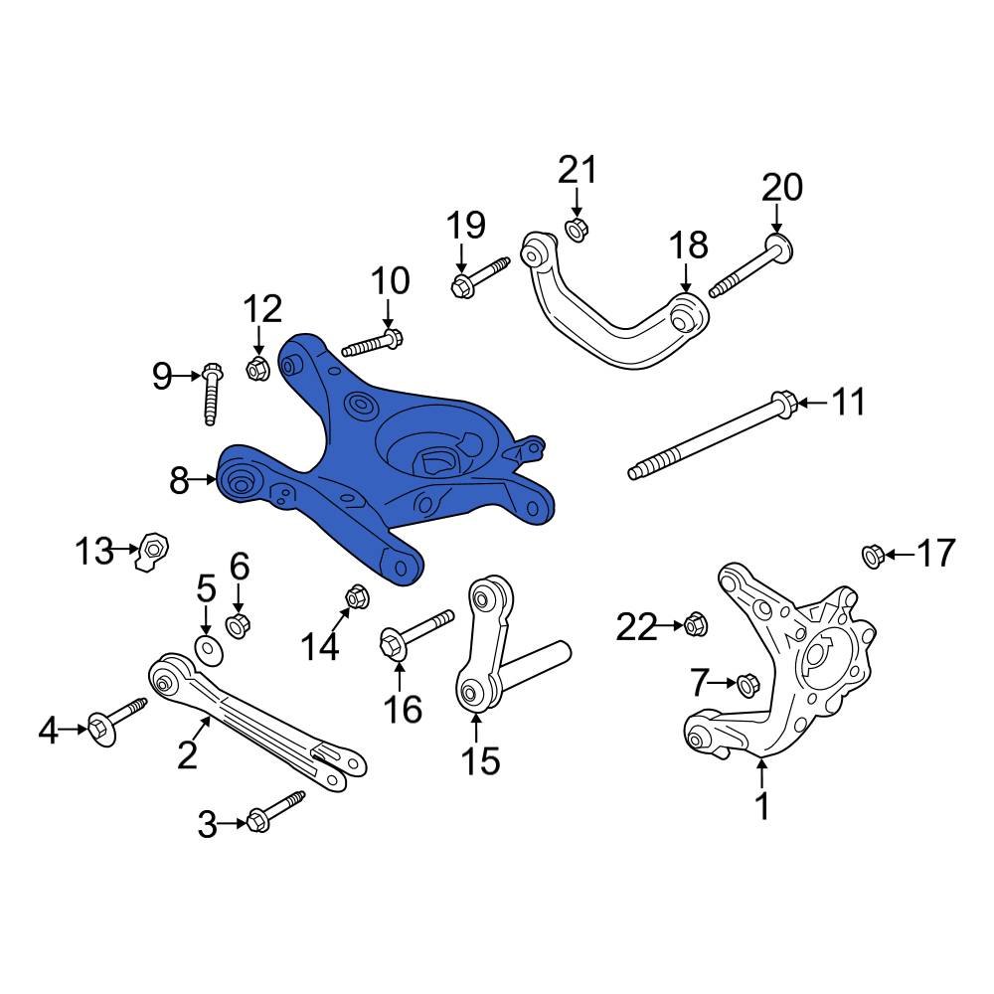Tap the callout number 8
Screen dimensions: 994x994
(179, 482)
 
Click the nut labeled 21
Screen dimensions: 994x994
(575, 231)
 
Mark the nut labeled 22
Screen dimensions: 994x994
(694, 625)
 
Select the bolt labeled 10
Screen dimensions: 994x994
(372, 344)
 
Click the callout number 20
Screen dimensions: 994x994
(781, 187)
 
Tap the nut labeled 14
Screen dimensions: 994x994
(356, 597)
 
